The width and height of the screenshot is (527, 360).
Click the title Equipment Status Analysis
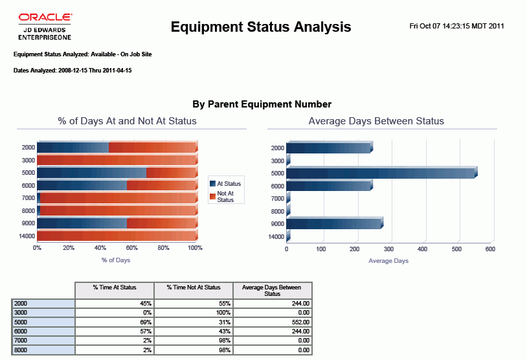tap(260, 27)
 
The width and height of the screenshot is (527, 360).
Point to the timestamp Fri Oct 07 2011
tap(456, 27)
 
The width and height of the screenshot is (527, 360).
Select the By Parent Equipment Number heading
tap(262, 104)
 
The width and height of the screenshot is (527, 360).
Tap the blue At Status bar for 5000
tap(91, 173)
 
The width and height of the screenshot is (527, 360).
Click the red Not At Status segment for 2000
tap(152, 147)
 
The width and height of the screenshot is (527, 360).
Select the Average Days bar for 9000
tap(334, 223)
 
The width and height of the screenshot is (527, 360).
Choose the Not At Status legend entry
tap(225, 196)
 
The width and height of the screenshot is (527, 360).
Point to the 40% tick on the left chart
tap(100, 248)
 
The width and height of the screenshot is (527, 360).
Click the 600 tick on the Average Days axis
tap(490, 249)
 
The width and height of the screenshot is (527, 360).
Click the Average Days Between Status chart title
tap(376, 121)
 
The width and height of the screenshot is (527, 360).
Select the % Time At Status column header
tap(115, 287)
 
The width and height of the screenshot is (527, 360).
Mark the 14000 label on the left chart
tap(27, 236)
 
